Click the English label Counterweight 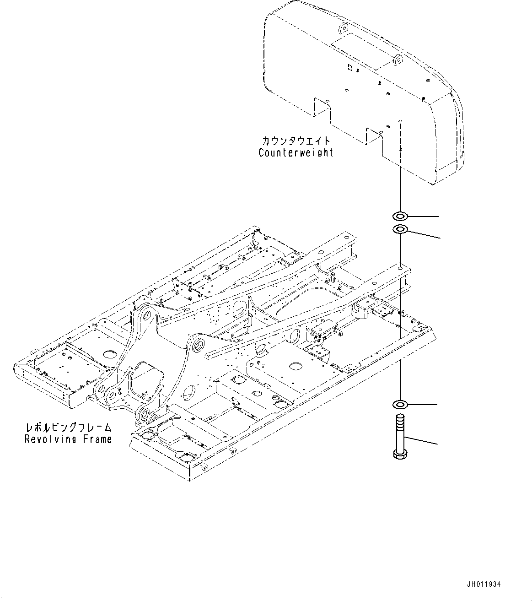click(296, 153)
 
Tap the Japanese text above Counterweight click(296, 141)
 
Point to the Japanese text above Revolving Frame click(68, 428)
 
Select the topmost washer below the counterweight click(400, 215)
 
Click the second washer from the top click(400, 229)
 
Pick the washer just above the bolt click(400, 404)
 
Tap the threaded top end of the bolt click(400, 417)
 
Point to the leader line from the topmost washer click(423, 215)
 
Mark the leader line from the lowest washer click(423, 405)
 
